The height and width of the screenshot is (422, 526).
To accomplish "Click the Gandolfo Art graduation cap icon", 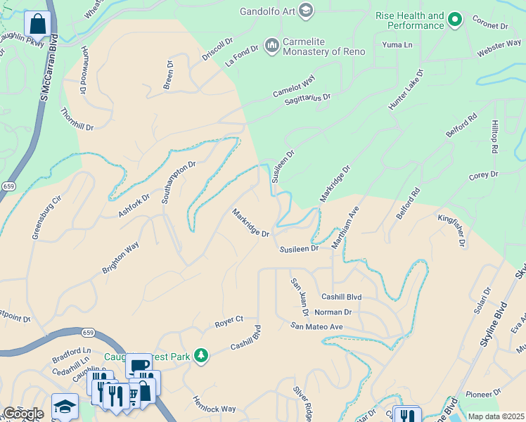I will click(306, 11).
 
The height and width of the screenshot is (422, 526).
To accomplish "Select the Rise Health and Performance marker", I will click(455, 20).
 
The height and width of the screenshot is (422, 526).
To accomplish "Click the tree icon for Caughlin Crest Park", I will click(201, 356).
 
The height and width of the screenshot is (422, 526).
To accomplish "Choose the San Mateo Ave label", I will click(316, 326).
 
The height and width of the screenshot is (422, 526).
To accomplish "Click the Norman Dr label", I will click(333, 312).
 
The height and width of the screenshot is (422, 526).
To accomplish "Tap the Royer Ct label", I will click(229, 321).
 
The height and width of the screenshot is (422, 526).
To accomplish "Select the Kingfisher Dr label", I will click(451, 231).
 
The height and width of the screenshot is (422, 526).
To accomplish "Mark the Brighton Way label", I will click(120, 258).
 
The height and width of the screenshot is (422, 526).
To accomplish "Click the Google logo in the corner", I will click(23, 414).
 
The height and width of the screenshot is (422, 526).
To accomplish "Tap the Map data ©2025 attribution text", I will click(496, 416).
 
